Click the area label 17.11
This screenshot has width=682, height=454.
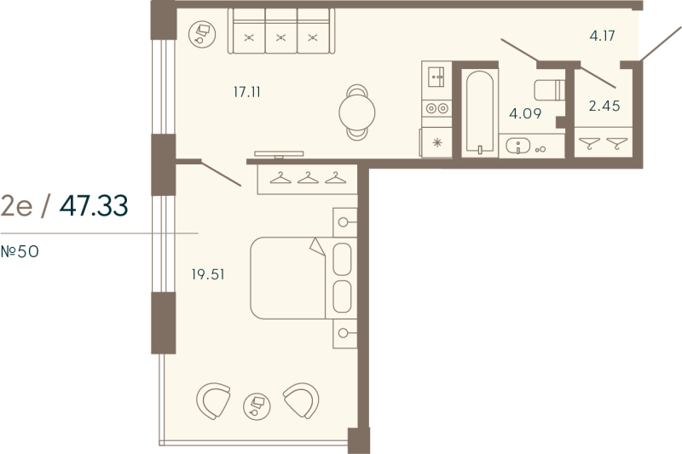[x=246, y=91]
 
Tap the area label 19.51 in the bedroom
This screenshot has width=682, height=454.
[x=209, y=274]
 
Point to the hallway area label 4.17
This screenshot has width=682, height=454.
[x=602, y=36]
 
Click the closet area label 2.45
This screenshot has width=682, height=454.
[x=604, y=106]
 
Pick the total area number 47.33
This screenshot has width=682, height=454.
[x=94, y=205]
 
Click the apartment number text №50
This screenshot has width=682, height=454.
[x=20, y=251]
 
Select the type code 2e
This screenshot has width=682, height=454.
[x=18, y=205]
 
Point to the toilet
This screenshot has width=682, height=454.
[x=547, y=88]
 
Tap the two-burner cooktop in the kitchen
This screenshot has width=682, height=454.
[x=436, y=108]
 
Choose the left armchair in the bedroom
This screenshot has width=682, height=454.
[x=213, y=400]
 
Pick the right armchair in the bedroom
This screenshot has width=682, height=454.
[x=302, y=400]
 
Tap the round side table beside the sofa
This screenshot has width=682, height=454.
[x=202, y=32]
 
